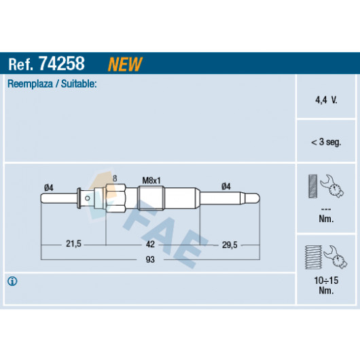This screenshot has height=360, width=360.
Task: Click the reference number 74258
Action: (x=62, y=63)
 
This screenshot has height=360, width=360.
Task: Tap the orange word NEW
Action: (x=125, y=64)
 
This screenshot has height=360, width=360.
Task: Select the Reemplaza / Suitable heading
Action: (x=52, y=84)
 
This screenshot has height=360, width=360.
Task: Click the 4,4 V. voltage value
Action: (x=326, y=100)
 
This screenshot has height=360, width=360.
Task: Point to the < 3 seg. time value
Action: (x=326, y=142)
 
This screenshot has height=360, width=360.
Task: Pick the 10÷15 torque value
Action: (x=326, y=281)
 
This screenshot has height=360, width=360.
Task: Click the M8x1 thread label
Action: (x=151, y=181)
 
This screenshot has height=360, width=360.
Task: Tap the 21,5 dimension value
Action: (x=73, y=244)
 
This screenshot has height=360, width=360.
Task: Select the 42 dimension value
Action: (x=150, y=244)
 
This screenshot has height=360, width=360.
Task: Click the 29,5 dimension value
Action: (x=230, y=245)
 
